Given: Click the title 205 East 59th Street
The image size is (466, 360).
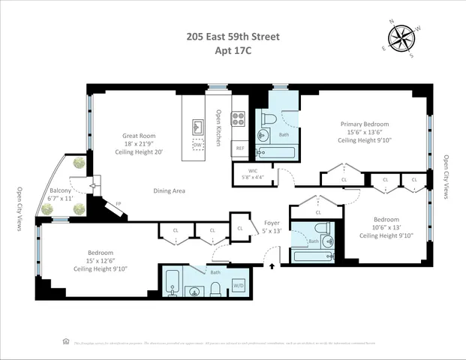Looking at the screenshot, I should tap(233, 34).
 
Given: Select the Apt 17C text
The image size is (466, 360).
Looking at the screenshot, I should tap(233, 52).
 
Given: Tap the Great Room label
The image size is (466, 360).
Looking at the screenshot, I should tap(138, 136).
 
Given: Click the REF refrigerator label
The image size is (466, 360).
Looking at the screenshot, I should tap(240, 148).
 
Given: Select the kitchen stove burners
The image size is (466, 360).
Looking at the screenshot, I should tap(239, 118).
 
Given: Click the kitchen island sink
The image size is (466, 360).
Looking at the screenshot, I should tap(198, 124).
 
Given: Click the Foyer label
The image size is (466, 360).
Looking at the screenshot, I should tap(272, 223).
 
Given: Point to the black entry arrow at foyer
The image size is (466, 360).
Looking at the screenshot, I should tap(272, 264).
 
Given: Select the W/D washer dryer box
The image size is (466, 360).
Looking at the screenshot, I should tap(239, 285).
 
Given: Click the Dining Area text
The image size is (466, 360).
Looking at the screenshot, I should tap(169, 190).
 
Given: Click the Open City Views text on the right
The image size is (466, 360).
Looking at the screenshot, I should tap(446, 177).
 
